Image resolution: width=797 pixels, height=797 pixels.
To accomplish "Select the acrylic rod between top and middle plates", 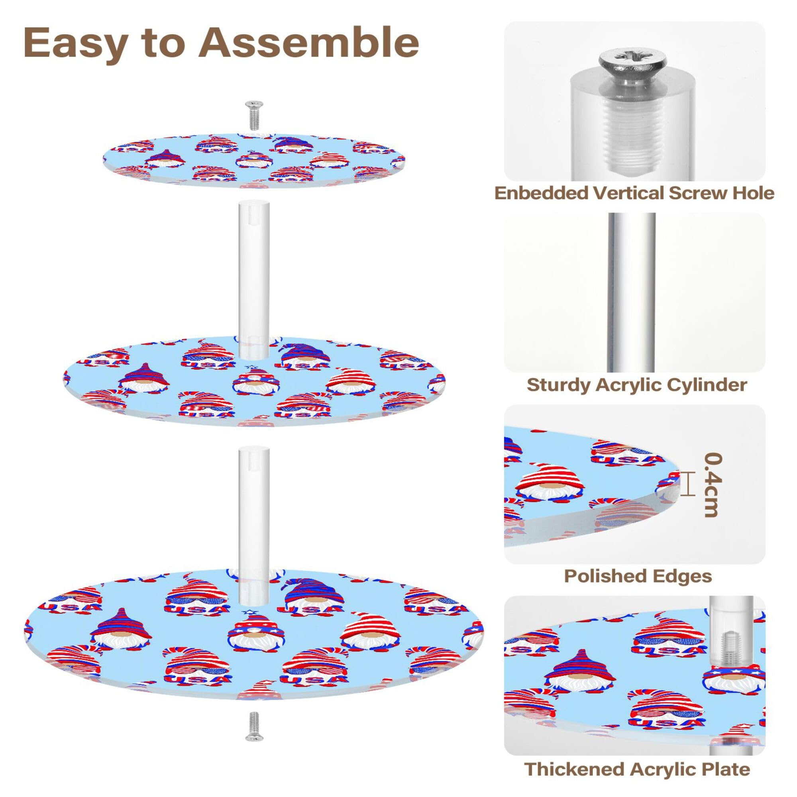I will [x=253, y=279].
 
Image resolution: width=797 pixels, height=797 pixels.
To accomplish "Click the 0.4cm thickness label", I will [x=713, y=484].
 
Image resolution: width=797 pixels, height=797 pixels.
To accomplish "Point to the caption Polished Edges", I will [x=638, y=576].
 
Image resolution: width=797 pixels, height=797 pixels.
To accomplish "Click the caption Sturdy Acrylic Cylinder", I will [x=636, y=385].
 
